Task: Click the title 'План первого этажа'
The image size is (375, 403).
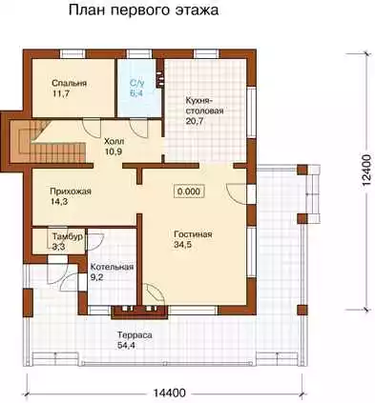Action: click(x=143, y=10)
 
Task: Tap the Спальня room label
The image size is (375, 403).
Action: click(x=69, y=83)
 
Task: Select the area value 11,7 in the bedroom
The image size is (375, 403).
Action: click(x=60, y=93)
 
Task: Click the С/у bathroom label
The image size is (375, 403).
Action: click(x=137, y=83)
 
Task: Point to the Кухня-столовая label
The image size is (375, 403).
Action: click(x=204, y=106)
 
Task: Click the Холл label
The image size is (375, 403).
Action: click(x=115, y=141)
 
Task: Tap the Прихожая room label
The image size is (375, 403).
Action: click(x=71, y=191)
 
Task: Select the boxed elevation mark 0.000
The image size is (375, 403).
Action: click(x=189, y=191)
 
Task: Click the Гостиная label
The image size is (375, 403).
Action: click(x=193, y=234)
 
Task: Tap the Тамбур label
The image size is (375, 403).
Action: click(x=68, y=237)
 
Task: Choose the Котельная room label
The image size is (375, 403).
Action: click(x=112, y=267)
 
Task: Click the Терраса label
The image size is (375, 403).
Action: click(x=135, y=335)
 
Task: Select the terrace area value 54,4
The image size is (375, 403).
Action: click(x=126, y=345)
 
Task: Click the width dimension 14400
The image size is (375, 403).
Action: click(x=170, y=393)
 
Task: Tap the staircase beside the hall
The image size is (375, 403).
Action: click(x=49, y=141)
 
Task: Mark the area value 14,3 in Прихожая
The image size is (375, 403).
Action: click(x=58, y=201)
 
